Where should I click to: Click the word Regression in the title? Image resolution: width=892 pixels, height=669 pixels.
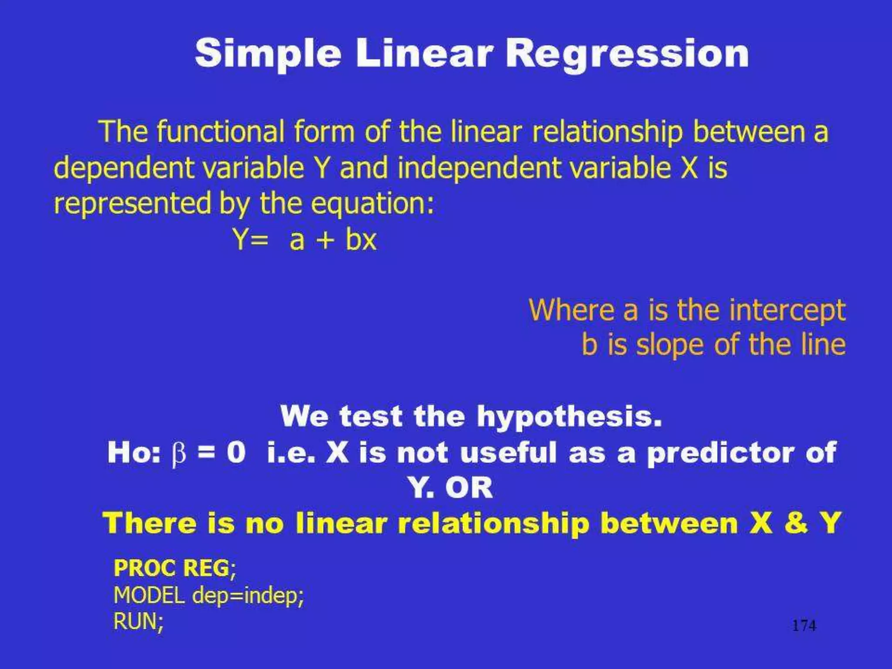pyautogui.click(x=627, y=54)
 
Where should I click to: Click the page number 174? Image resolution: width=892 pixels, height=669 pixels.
pyautogui.click(x=804, y=626)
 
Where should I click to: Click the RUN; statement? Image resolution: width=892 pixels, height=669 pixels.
pyautogui.click(x=139, y=621)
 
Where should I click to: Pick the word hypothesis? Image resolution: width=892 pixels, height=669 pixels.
pyautogui.click(x=569, y=416)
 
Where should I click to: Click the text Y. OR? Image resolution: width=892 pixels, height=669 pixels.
pyautogui.click(x=451, y=488)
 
